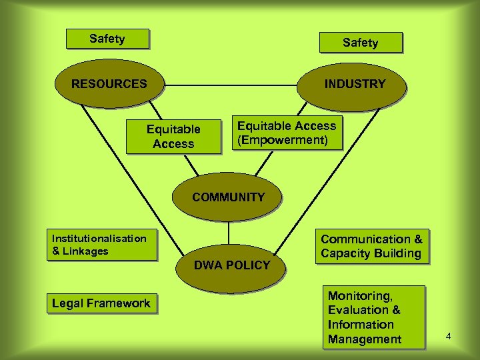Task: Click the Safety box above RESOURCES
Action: coord(107,39)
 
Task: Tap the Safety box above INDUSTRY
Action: coord(360,43)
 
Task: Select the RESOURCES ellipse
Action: coord(109,84)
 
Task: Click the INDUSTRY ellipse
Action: coord(355,84)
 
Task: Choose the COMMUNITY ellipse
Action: coord(228,197)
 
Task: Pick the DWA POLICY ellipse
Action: coord(231,265)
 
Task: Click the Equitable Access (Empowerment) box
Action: coord(287,133)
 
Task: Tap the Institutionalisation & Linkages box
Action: coord(102,245)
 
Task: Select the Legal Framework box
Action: coord(101,303)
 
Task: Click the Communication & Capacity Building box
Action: coord(371,246)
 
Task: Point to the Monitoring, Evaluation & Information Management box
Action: coord(374,317)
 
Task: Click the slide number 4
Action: coord(449,336)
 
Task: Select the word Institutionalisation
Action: coord(99,238)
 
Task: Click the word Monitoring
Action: coord(360,295)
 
